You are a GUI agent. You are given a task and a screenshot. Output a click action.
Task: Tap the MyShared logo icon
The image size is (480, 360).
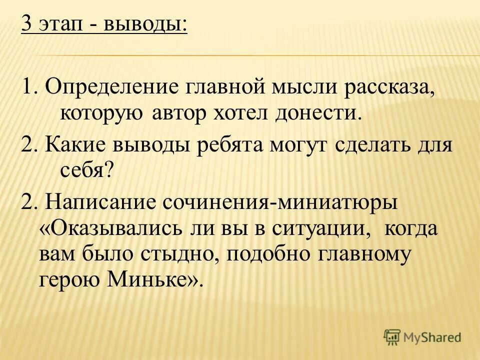[392, 336]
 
